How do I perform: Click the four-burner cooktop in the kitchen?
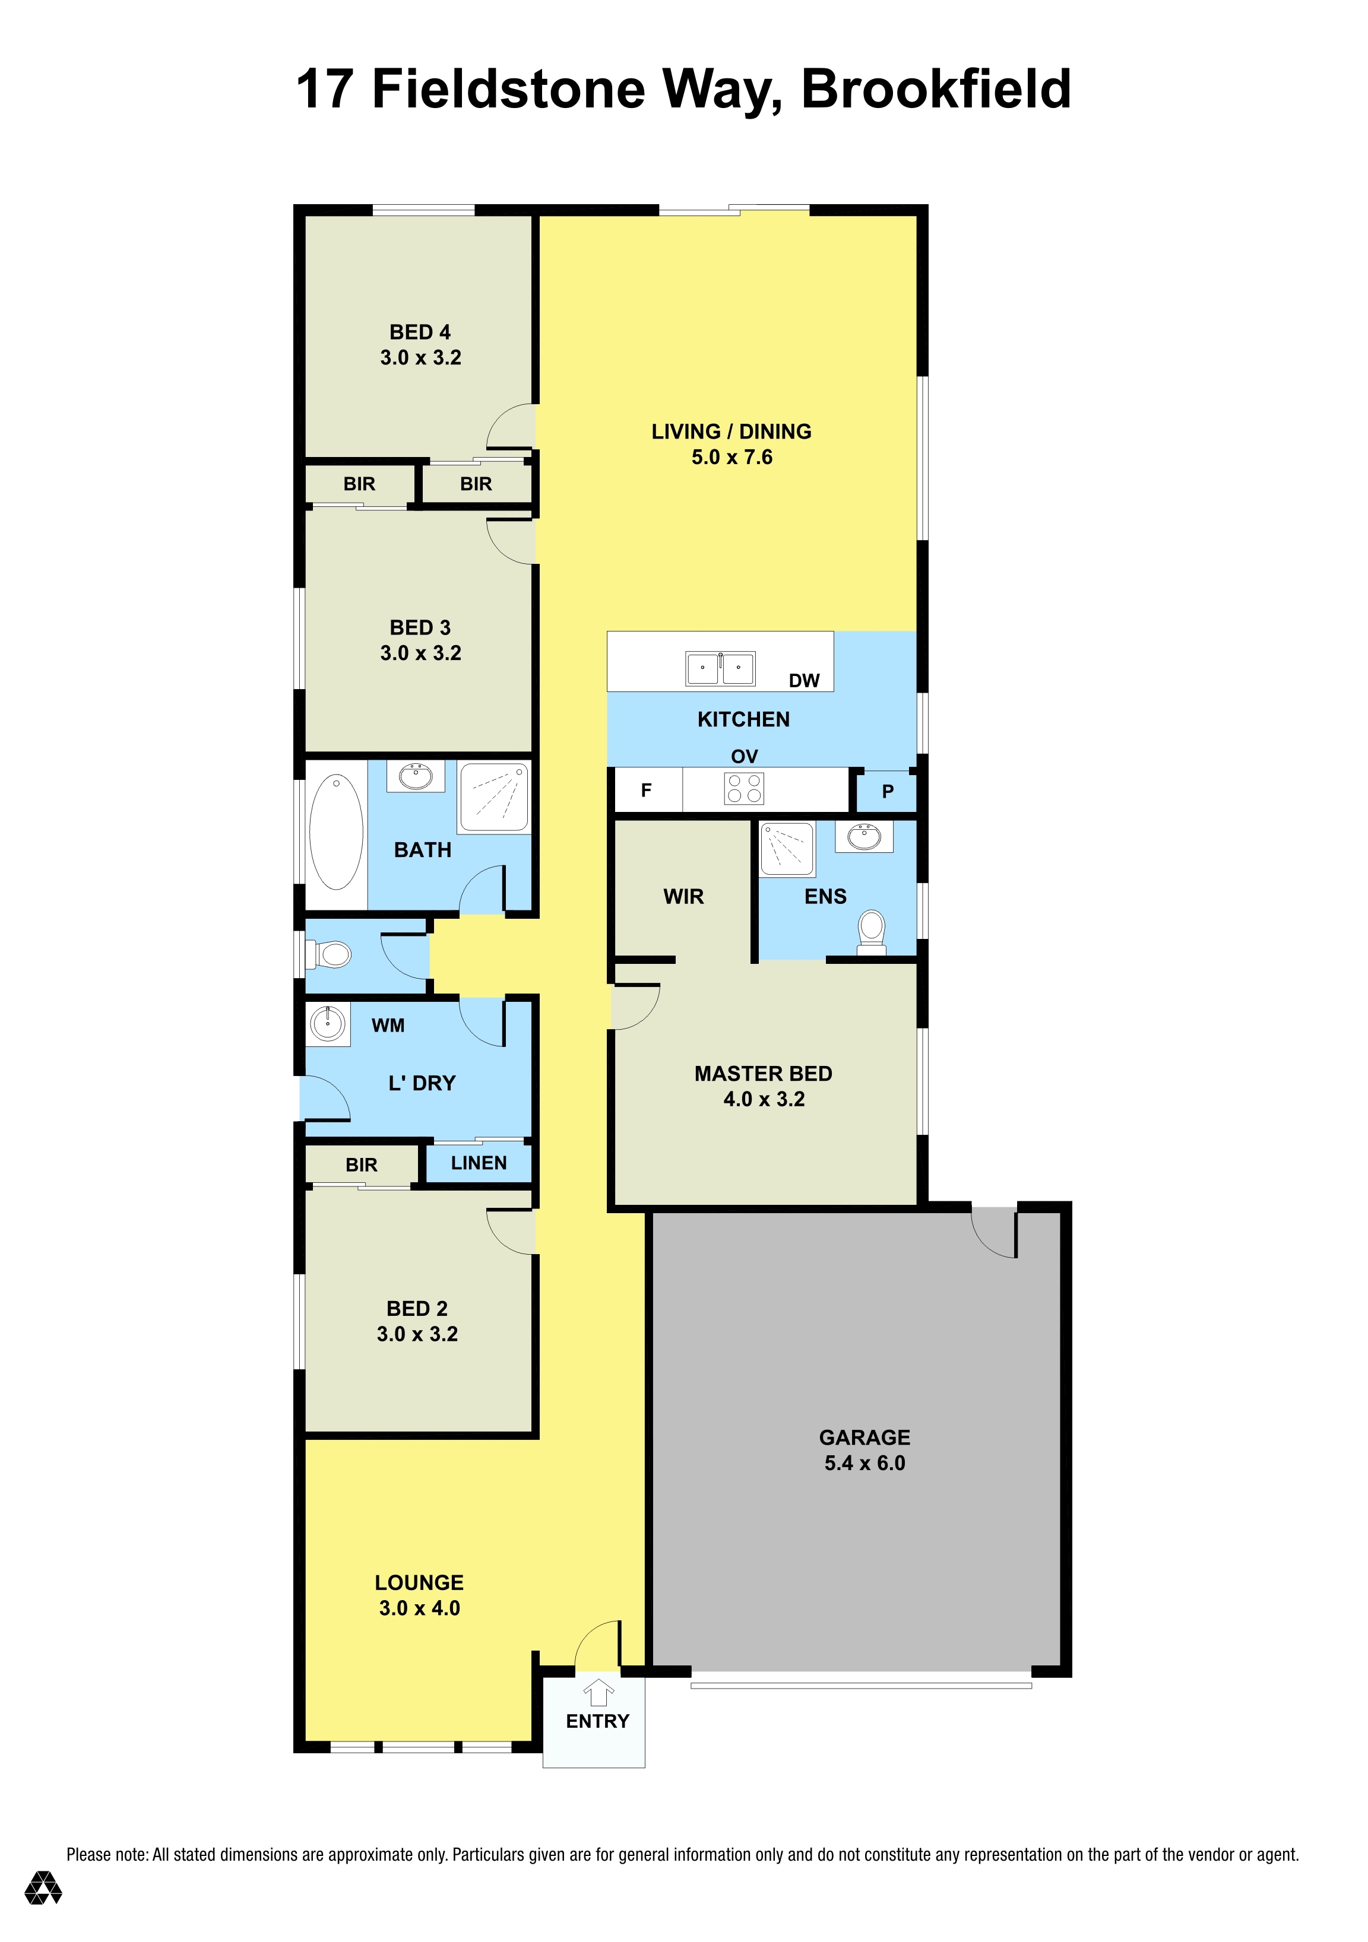tap(745, 788)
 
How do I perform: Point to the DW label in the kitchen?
tap(804, 681)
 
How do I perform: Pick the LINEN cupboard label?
tap(479, 1163)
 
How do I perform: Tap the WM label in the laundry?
tap(388, 1025)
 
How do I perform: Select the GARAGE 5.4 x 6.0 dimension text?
tap(864, 1463)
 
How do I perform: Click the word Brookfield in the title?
tap(936, 89)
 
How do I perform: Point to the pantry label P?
tap(888, 792)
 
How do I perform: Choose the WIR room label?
tap(683, 897)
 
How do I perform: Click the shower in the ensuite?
tap(787, 848)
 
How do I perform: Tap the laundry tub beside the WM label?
tap(327, 1024)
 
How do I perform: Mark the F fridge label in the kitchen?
tap(647, 790)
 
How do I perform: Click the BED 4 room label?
tap(420, 332)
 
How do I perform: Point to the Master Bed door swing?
tap(635, 1007)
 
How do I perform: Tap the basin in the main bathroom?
tap(416, 776)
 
